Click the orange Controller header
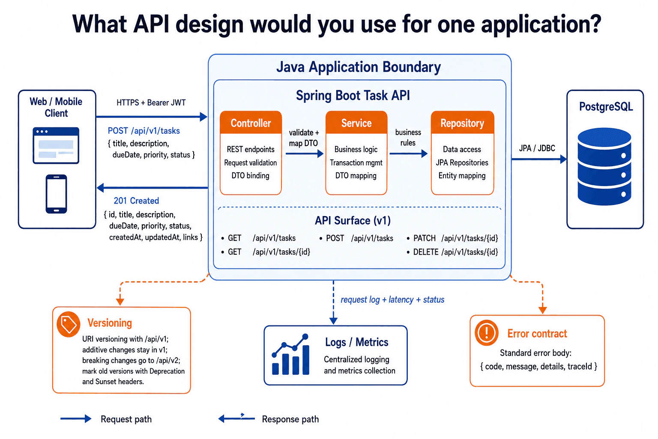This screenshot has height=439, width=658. (x=251, y=123)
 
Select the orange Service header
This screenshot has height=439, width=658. (x=356, y=123)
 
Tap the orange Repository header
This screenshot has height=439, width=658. (x=462, y=123)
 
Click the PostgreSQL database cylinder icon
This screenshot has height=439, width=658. (x=604, y=166)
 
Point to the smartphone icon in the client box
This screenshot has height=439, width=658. (x=56, y=194)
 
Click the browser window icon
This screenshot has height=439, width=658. (x=56, y=145)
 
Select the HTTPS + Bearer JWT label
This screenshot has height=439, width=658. (x=151, y=102)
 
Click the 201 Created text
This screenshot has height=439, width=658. (x=136, y=201)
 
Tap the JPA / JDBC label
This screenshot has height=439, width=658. (x=537, y=148)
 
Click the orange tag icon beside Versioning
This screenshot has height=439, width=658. (x=69, y=324)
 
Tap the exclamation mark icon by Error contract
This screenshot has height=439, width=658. (x=487, y=333)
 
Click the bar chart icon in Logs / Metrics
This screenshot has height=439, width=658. (x=291, y=354)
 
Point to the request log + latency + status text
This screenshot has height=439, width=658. (x=392, y=300)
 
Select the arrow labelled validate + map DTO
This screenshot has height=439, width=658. (x=304, y=153)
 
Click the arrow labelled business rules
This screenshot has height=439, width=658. (x=408, y=153)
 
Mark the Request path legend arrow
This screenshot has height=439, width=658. (x=76, y=419)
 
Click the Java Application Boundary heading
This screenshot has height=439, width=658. (x=359, y=67)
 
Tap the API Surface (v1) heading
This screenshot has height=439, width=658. (x=353, y=220)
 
